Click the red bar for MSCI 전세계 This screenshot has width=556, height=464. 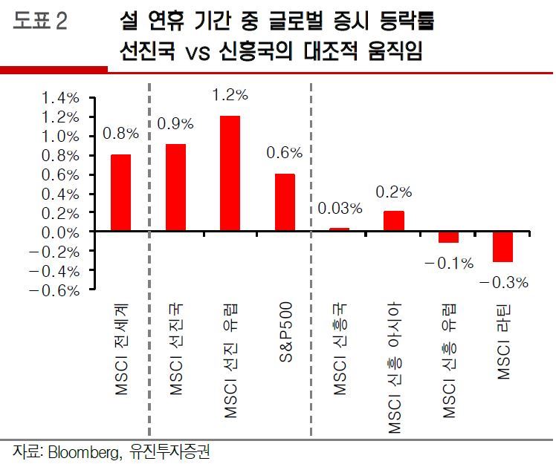pos(121,193)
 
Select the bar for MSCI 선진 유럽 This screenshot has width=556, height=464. pos(230,174)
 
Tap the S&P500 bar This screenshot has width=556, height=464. pos(285,203)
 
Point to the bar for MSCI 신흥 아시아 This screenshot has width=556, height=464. pos(394,221)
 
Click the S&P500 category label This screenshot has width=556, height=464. pos(286,331)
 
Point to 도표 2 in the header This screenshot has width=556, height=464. pos(40,22)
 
